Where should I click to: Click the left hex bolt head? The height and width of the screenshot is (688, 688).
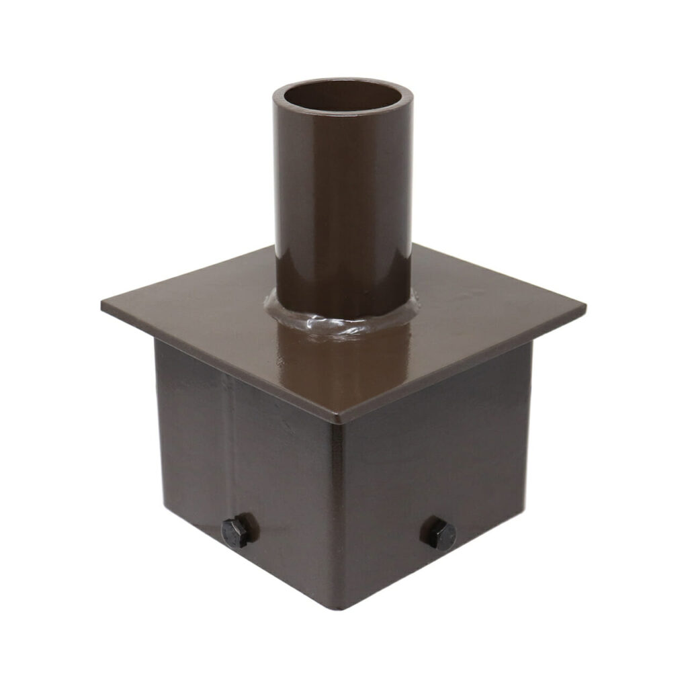[x=236, y=531]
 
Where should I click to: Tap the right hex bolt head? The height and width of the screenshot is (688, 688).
[x=438, y=534]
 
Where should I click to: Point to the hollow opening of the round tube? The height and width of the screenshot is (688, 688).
[x=342, y=98]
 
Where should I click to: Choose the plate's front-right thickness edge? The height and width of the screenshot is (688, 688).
[x=464, y=368]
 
